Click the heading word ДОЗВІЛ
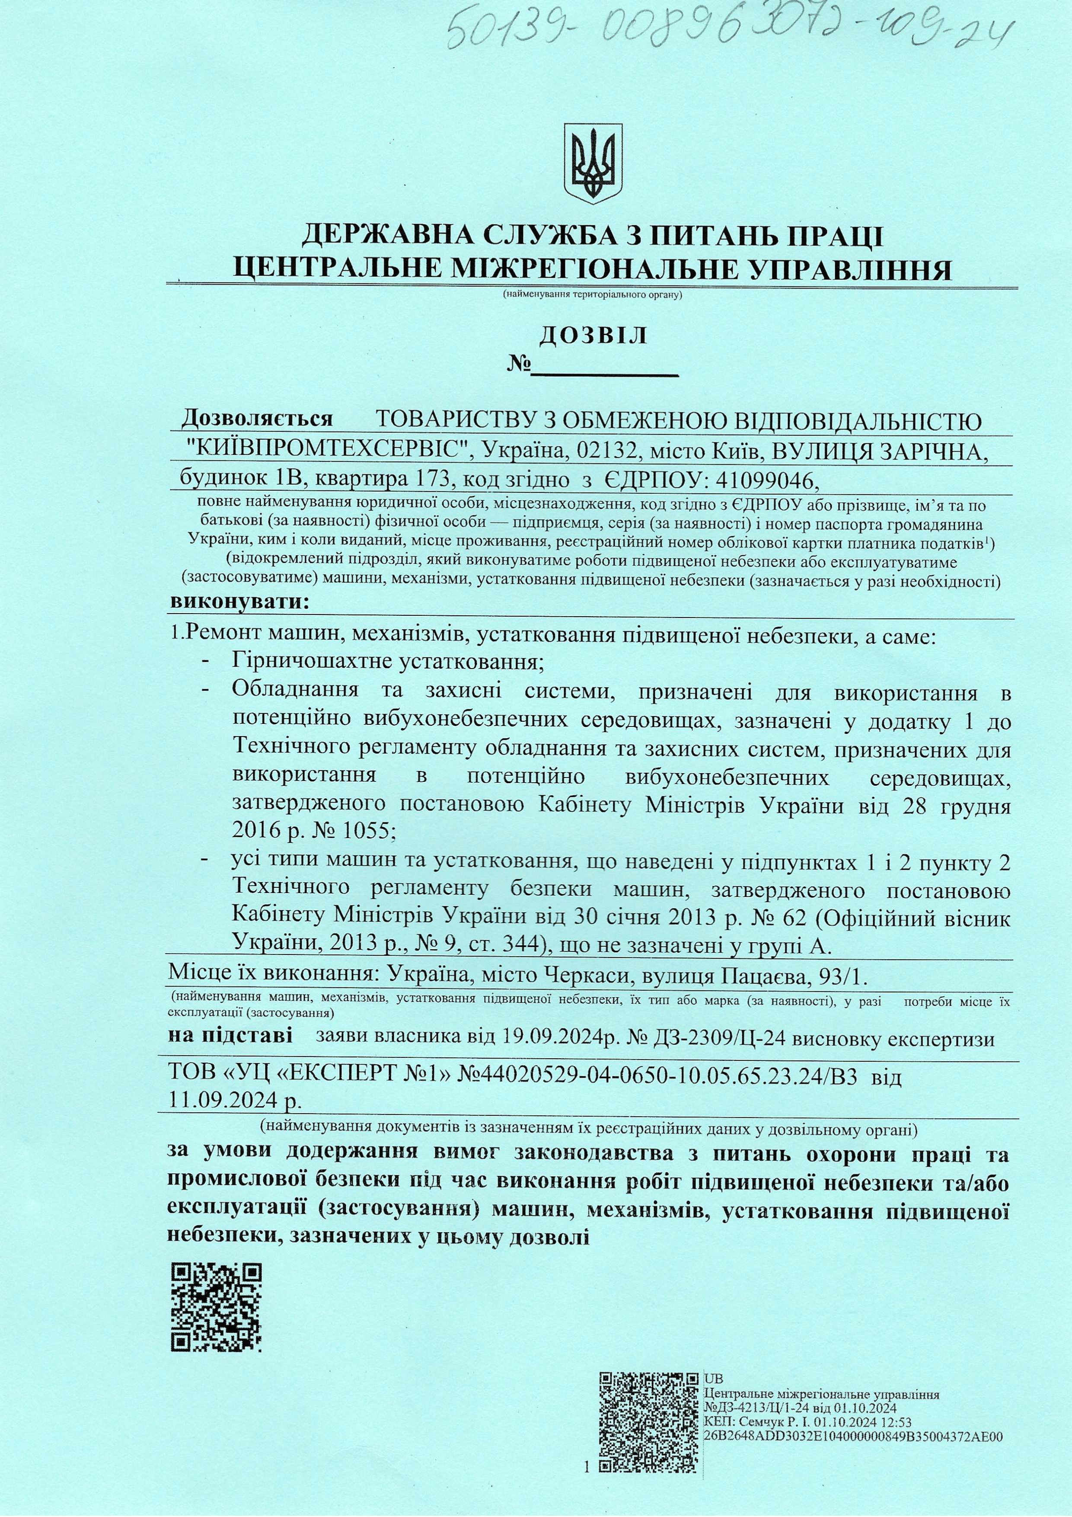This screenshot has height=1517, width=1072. pyautogui.click(x=593, y=336)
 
